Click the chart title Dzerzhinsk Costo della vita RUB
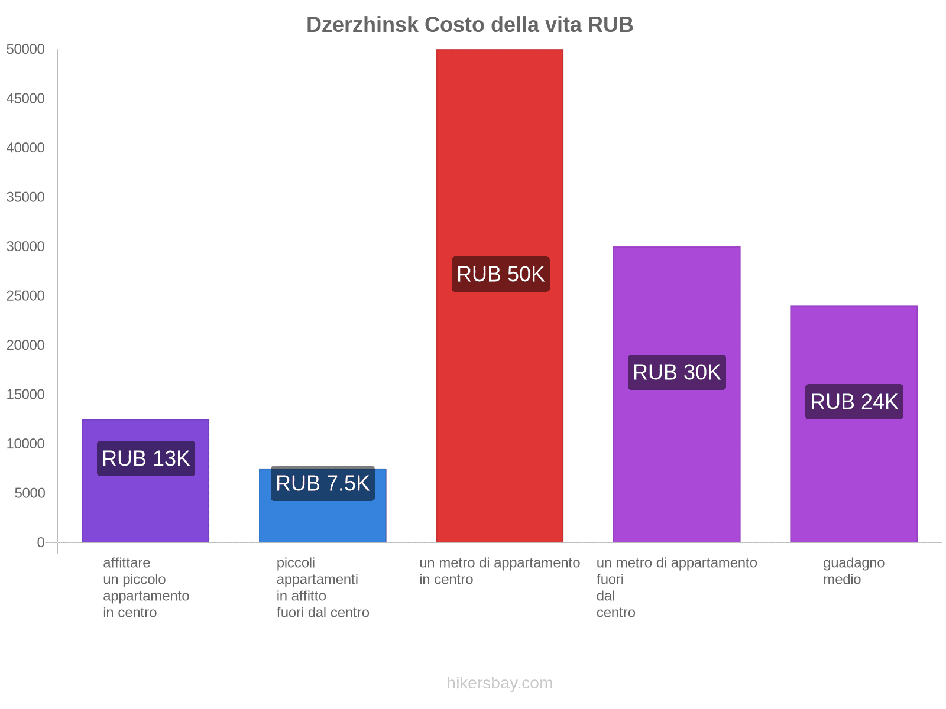point(469,25)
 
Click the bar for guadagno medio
point(853,473)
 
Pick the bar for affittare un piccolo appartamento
point(145,508)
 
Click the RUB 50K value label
point(500,274)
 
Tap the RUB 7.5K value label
point(322,483)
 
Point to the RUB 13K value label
point(145,458)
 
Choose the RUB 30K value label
point(676,372)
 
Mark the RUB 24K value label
point(854,402)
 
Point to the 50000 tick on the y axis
point(26,50)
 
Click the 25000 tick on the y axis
point(26,296)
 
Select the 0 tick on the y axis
point(41,542)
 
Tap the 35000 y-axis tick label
point(26,197)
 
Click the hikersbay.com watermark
point(500,683)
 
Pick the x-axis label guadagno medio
point(853,571)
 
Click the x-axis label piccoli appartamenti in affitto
point(322,587)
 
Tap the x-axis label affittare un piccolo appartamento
point(145,587)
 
